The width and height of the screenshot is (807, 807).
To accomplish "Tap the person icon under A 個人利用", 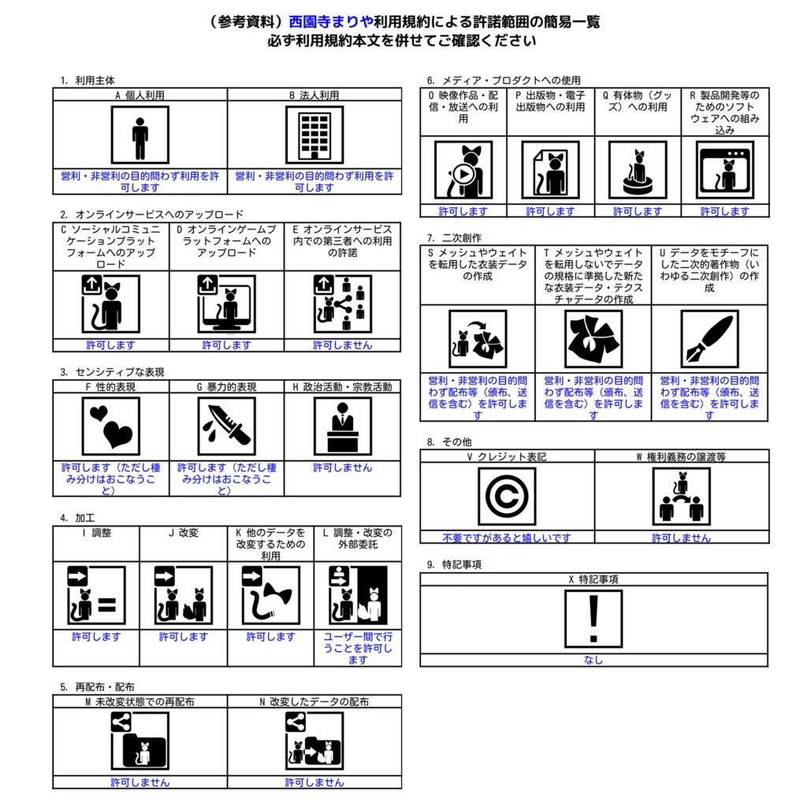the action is click(140, 135).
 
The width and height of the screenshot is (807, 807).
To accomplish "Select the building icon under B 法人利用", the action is click(314, 135).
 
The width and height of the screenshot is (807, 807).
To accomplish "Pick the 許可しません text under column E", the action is click(343, 345).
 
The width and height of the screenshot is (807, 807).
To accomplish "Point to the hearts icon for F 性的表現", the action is click(110, 426).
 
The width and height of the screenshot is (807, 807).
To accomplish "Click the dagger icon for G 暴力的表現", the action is click(226, 426).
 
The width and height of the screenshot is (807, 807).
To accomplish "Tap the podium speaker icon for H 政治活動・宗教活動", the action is click(343, 426).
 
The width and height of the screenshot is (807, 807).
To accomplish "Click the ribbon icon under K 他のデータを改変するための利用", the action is click(271, 595).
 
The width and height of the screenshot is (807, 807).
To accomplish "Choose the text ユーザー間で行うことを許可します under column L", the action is click(358, 648).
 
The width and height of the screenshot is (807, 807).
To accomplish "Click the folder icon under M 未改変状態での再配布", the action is click(140, 741).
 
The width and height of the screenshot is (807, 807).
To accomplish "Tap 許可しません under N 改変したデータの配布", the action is click(314, 783).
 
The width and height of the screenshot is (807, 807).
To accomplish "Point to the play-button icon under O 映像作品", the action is click(463, 170).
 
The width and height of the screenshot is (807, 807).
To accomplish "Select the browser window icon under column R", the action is click(725, 170).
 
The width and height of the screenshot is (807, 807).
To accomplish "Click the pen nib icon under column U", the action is click(710, 339).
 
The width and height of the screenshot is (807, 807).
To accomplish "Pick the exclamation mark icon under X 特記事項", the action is click(593, 619).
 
